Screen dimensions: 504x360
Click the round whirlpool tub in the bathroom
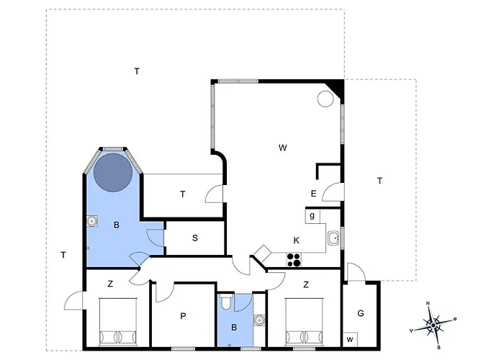(113, 172)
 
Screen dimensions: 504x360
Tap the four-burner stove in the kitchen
(294, 260)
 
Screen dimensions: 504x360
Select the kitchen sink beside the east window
(334, 238)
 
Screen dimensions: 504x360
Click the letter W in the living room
(282, 148)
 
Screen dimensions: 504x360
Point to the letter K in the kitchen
(297, 240)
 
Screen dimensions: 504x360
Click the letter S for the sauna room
(195, 238)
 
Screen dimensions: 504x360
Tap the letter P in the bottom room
(183, 316)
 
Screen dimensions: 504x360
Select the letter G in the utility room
(361, 313)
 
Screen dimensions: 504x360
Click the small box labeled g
(312, 216)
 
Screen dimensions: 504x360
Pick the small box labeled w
(350, 339)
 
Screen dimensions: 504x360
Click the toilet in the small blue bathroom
(225, 302)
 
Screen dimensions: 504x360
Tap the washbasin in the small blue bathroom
(259, 320)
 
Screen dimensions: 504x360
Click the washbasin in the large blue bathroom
(92, 221)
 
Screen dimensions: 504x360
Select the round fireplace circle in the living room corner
(325, 99)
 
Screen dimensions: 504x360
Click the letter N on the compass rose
(428, 303)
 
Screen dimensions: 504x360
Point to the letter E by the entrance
(314, 194)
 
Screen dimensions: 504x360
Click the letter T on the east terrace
(379, 181)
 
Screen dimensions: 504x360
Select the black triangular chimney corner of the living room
(337, 87)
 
